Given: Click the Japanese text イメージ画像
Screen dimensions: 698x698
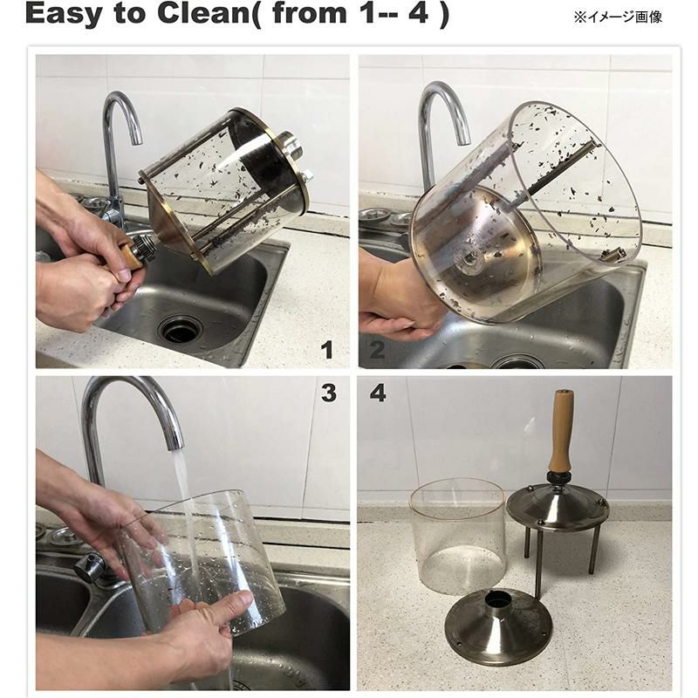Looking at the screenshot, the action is point(623,17).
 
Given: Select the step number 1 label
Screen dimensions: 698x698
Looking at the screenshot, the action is point(327,350).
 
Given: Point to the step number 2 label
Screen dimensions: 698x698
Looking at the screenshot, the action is point(377,350).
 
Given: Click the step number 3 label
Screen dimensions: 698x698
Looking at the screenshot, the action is point(329,393).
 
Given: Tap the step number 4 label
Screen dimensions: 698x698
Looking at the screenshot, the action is point(378,393).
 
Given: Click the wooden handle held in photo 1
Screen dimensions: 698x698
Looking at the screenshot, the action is point(129,263).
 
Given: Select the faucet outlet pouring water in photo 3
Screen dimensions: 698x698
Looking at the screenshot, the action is point(175,442).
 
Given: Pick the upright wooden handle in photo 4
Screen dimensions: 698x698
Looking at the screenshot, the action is point(561,431).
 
